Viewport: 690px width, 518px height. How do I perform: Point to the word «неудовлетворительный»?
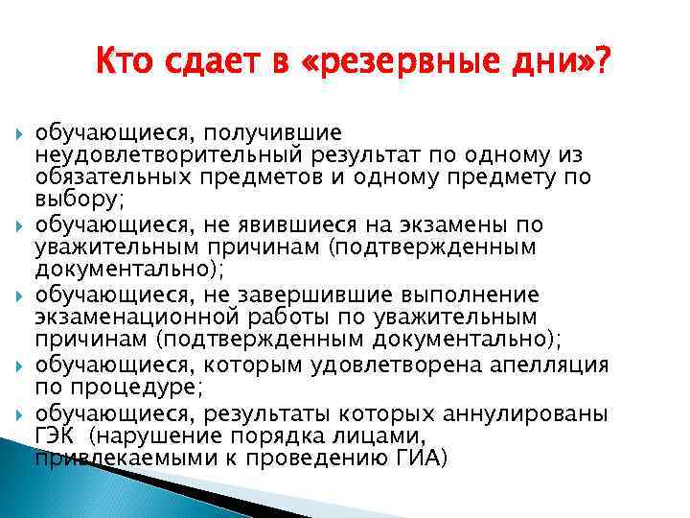167,154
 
